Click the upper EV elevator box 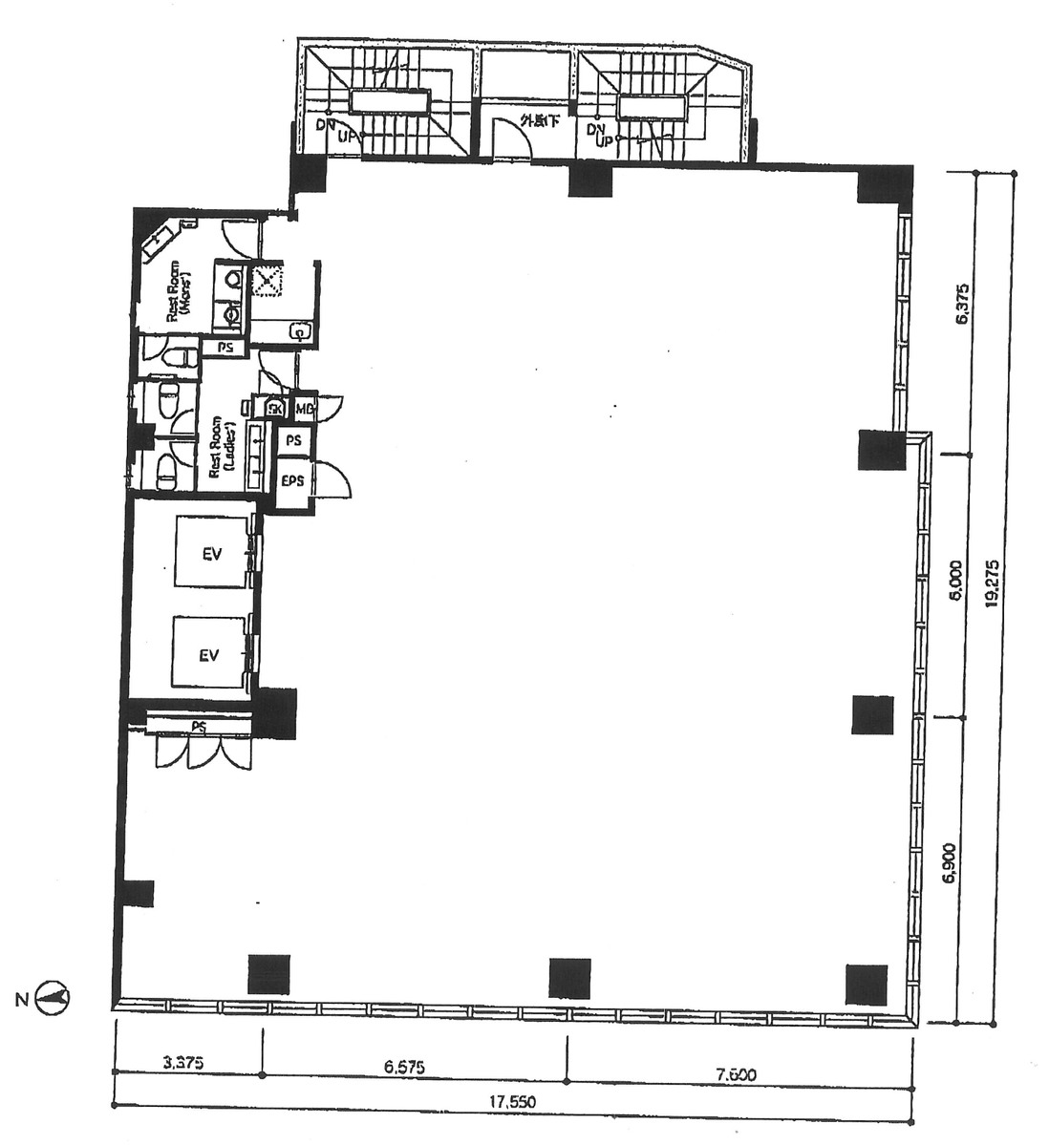pyautogui.click(x=211, y=552)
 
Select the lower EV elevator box pyautogui.click(x=209, y=654)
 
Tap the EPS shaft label pyautogui.click(x=292, y=480)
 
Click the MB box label pyautogui.click(x=305, y=409)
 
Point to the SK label pyautogui.click(x=275, y=409)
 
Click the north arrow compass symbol pyautogui.click(x=54, y=1000)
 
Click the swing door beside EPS pyautogui.click(x=332, y=477)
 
